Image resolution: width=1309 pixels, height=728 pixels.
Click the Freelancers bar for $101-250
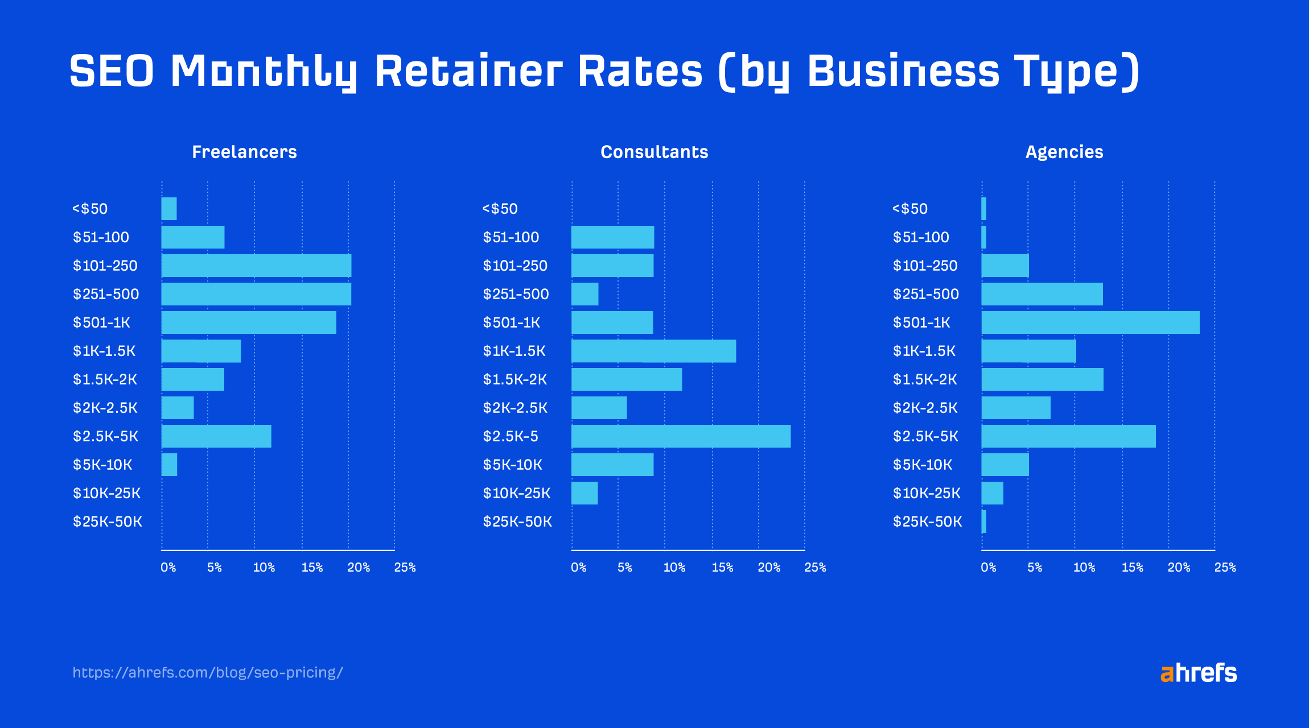256,266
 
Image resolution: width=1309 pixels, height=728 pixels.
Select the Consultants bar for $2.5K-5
681,436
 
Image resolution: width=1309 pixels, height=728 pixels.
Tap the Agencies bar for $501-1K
1090,322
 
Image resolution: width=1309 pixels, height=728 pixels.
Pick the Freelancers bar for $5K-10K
169,465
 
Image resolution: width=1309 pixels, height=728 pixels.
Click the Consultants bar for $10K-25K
584,493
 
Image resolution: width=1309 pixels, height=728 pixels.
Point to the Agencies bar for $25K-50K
984,522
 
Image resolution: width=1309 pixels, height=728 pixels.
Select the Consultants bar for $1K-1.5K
653,351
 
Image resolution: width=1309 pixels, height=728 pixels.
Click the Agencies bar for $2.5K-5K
1068,436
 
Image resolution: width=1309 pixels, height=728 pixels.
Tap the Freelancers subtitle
244,152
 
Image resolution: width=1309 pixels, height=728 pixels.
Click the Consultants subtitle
654,152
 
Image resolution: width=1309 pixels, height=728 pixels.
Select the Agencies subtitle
1064,152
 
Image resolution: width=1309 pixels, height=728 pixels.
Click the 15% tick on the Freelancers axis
312,567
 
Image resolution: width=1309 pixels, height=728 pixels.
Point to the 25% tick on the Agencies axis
1225,567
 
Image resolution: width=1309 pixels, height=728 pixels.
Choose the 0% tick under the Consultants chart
578,567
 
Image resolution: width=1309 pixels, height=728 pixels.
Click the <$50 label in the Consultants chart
500,209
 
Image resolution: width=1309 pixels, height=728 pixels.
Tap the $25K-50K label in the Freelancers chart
107,522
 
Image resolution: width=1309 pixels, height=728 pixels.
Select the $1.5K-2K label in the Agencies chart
925,379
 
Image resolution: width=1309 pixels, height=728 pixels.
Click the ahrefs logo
1198,673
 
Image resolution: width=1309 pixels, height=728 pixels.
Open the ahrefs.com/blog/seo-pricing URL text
208,673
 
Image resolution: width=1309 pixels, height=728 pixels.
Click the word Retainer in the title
468,71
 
